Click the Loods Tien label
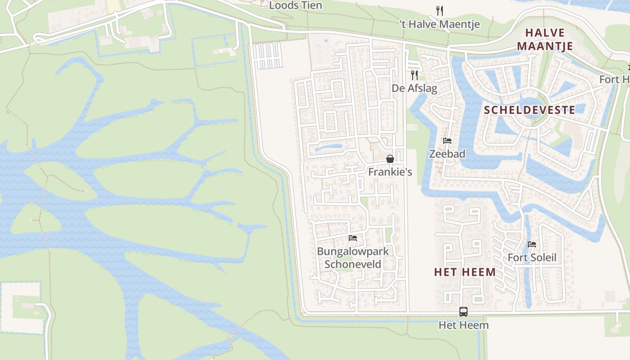(296, 5)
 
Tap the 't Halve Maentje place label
(440, 24)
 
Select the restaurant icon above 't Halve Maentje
(440, 10)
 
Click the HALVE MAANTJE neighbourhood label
(544, 39)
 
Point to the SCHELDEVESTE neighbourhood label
(529, 110)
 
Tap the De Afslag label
(414, 88)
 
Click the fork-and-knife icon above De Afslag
(414, 75)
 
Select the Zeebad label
(447, 154)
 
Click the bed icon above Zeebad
(447, 141)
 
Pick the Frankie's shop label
(390, 172)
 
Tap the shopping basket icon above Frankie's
(390, 159)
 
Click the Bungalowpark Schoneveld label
(353, 258)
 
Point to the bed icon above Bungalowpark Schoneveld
(353, 238)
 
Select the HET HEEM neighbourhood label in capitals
(465, 272)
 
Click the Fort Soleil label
(532, 258)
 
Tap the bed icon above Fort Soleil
(532, 244)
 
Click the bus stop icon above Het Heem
(463, 311)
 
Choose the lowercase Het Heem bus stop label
(463, 325)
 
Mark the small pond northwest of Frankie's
(328, 147)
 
